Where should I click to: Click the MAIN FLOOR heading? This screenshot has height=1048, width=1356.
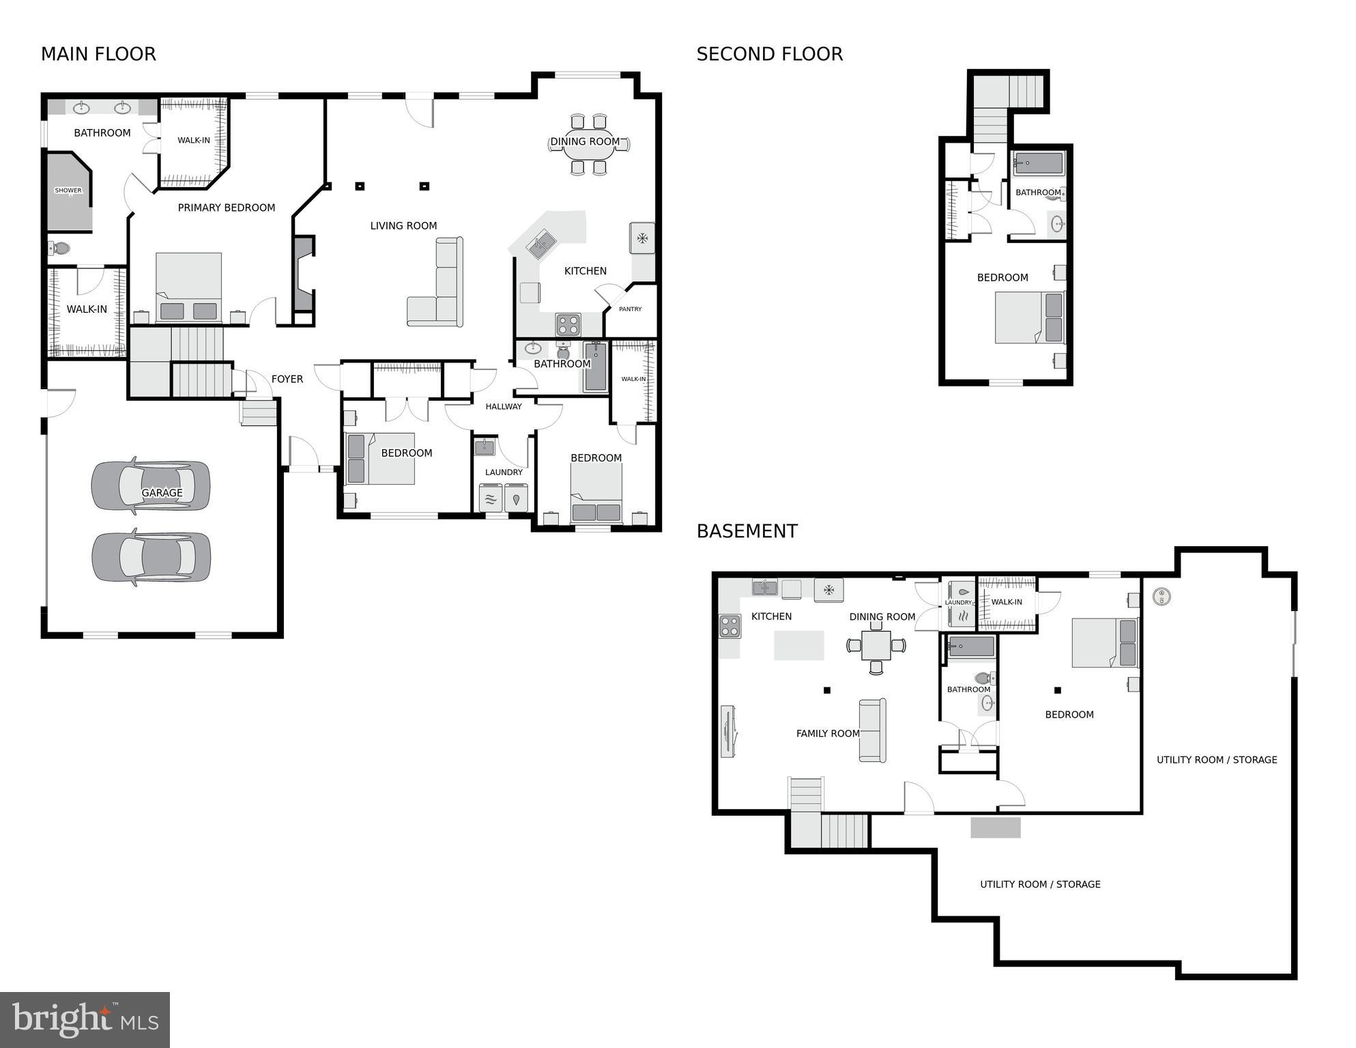coord(98,54)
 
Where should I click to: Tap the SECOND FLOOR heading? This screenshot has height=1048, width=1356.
coord(769,54)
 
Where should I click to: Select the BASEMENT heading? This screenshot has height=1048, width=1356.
coord(747,530)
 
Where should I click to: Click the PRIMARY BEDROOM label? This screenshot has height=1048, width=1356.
coord(226,208)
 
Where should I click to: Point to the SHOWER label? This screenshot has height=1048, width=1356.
coord(68,190)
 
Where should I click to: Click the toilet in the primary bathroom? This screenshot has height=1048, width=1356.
coord(59,249)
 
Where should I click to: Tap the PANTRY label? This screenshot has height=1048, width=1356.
coord(630,309)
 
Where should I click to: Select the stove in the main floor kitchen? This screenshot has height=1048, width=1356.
coord(568,324)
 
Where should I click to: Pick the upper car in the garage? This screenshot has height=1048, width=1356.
coord(151,485)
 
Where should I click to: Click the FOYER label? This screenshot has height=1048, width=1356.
coord(287,379)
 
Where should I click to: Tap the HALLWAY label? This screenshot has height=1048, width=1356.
coord(503,407)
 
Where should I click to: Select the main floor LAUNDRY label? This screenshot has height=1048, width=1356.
coord(504,472)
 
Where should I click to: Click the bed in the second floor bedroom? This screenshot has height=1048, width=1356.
coord(1028,317)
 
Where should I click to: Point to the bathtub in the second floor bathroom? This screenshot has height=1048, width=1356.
coord(1038,164)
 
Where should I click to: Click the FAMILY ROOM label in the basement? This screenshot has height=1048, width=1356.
coord(827,733)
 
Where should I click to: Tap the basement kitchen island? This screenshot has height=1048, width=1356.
coord(798,645)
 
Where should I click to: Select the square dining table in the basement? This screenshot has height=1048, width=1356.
coord(876,645)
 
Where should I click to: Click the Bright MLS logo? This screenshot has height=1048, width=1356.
coord(85,1019)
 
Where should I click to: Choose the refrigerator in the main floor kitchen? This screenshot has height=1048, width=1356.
coord(641,238)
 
